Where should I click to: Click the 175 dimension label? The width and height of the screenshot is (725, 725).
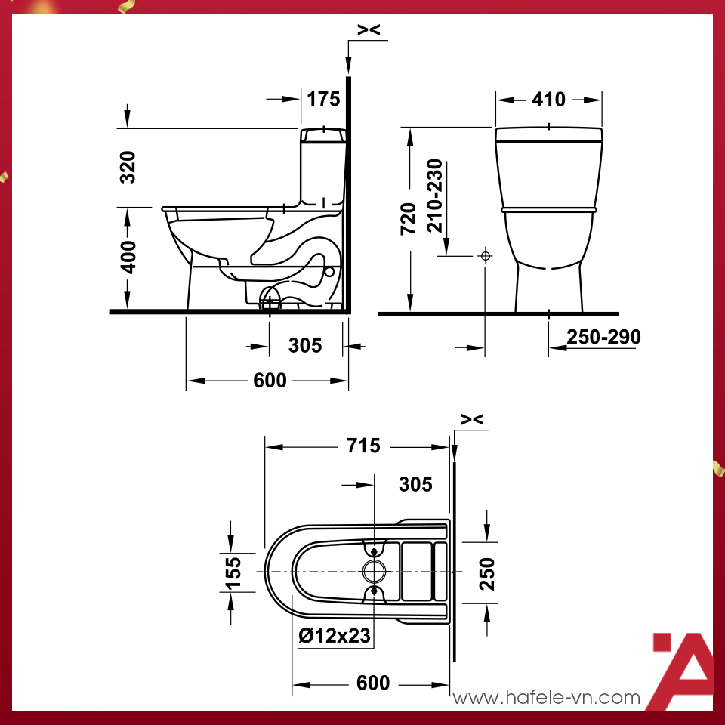pyautogui.click(x=324, y=98)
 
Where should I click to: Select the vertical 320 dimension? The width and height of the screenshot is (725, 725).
pyautogui.click(x=128, y=167)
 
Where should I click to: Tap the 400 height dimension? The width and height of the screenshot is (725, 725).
pyautogui.click(x=128, y=257)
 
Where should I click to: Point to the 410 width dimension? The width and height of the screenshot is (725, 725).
pyautogui.click(x=548, y=100)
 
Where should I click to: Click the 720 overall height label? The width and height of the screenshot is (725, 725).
pyautogui.click(x=409, y=219)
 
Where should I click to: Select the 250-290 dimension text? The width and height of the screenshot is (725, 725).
pyautogui.click(x=603, y=337)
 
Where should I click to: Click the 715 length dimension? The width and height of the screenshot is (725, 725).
pyautogui.click(x=363, y=446)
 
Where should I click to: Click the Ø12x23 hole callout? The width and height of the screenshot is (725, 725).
pyautogui.click(x=335, y=636)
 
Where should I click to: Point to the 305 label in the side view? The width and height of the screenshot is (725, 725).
pyautogui.click(x=305, y=345)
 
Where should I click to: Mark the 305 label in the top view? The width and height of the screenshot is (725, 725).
pyautogui.click(x=415, y=483)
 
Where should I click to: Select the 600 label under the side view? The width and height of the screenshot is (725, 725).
pyautogui.click(x=270, y=381)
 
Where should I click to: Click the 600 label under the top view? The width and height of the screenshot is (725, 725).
pyautogui.click(x=373, y=683)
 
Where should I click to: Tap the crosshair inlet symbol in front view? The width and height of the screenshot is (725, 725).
pyautogui.click(x=485, y=256)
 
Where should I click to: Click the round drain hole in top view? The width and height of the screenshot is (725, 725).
pyautogui.click(x=375, y=572)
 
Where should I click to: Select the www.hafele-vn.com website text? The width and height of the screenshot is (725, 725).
pyautogui.click(x=546, y=698)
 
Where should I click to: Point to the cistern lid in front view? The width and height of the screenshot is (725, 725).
pyautogui.click(x=549, y=134)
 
